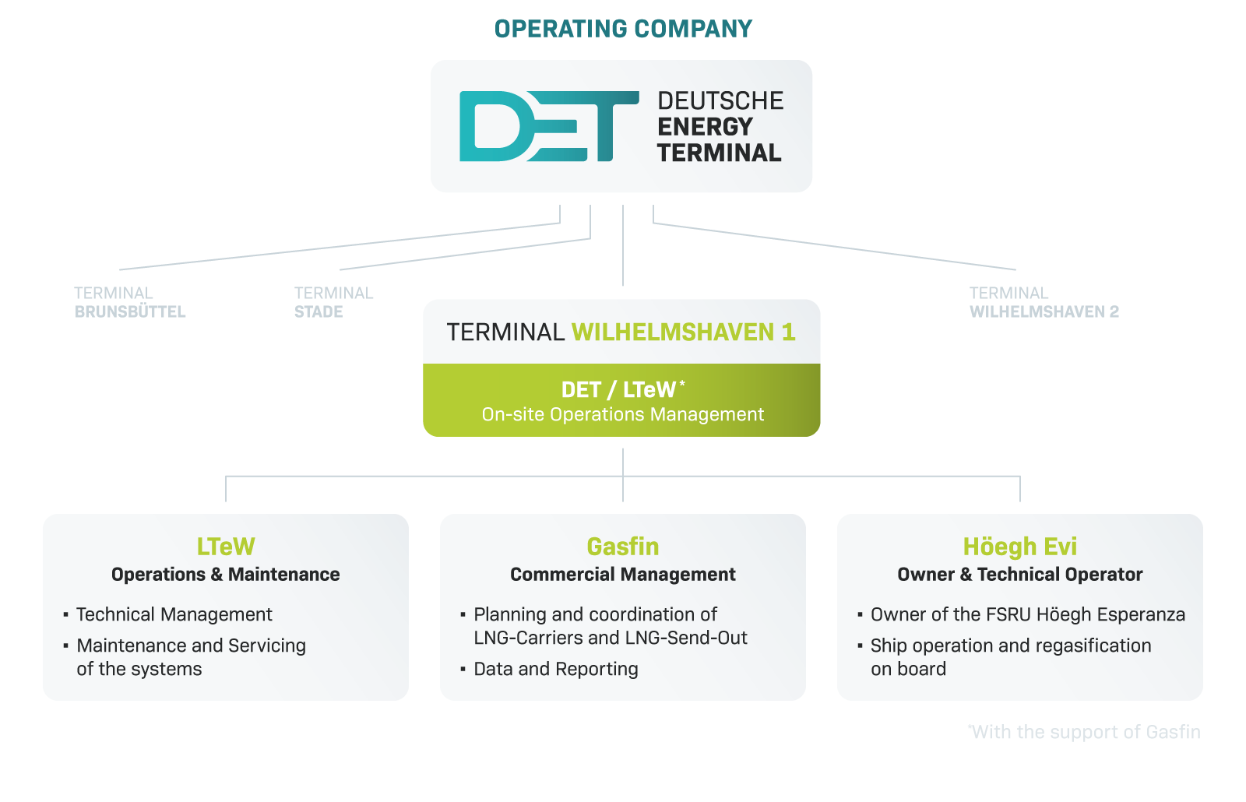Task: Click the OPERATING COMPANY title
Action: point(623,29)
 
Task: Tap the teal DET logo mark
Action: point(549,126)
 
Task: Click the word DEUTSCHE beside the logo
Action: point(720,100)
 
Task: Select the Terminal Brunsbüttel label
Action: point(129,302)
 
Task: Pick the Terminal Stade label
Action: point(333,302)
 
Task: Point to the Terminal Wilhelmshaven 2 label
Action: point(1044,302)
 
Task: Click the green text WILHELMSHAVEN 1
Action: point(684,332)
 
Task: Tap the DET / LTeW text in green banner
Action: point(618,390)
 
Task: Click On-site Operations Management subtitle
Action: point(622,414)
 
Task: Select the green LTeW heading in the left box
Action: point(226,547)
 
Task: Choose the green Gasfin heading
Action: point(623,547)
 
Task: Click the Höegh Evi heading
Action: point(1020,547)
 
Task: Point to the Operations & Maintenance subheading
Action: point(225,574)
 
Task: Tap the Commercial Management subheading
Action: point(623,574)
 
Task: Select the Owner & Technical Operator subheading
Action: point(1020,574)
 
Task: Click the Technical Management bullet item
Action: point(174,614)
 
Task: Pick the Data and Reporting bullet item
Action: point(556,669)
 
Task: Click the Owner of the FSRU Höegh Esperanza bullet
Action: point(1027,614)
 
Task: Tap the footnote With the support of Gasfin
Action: point(1084,731)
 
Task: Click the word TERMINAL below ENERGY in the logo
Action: point(720,153)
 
